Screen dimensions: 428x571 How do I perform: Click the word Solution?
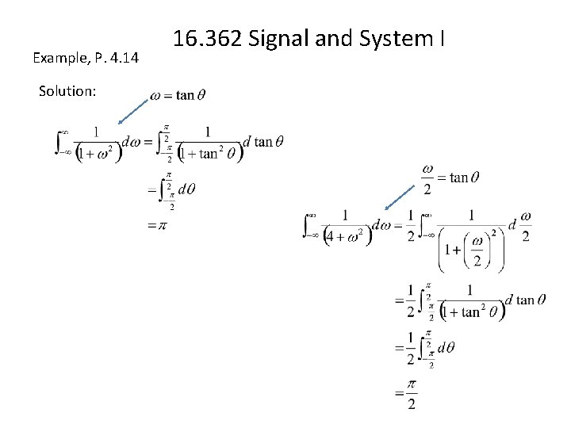(67, 91)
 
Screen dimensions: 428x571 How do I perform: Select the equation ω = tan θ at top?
(178, 95)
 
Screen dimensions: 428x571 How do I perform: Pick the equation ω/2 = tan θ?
(450, 177)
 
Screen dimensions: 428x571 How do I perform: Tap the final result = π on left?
(157, 225)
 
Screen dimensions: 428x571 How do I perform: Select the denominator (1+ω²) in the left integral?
(98, 152)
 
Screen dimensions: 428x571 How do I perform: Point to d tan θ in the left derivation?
(264, 142)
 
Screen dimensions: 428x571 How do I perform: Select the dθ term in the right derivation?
(446, 347)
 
